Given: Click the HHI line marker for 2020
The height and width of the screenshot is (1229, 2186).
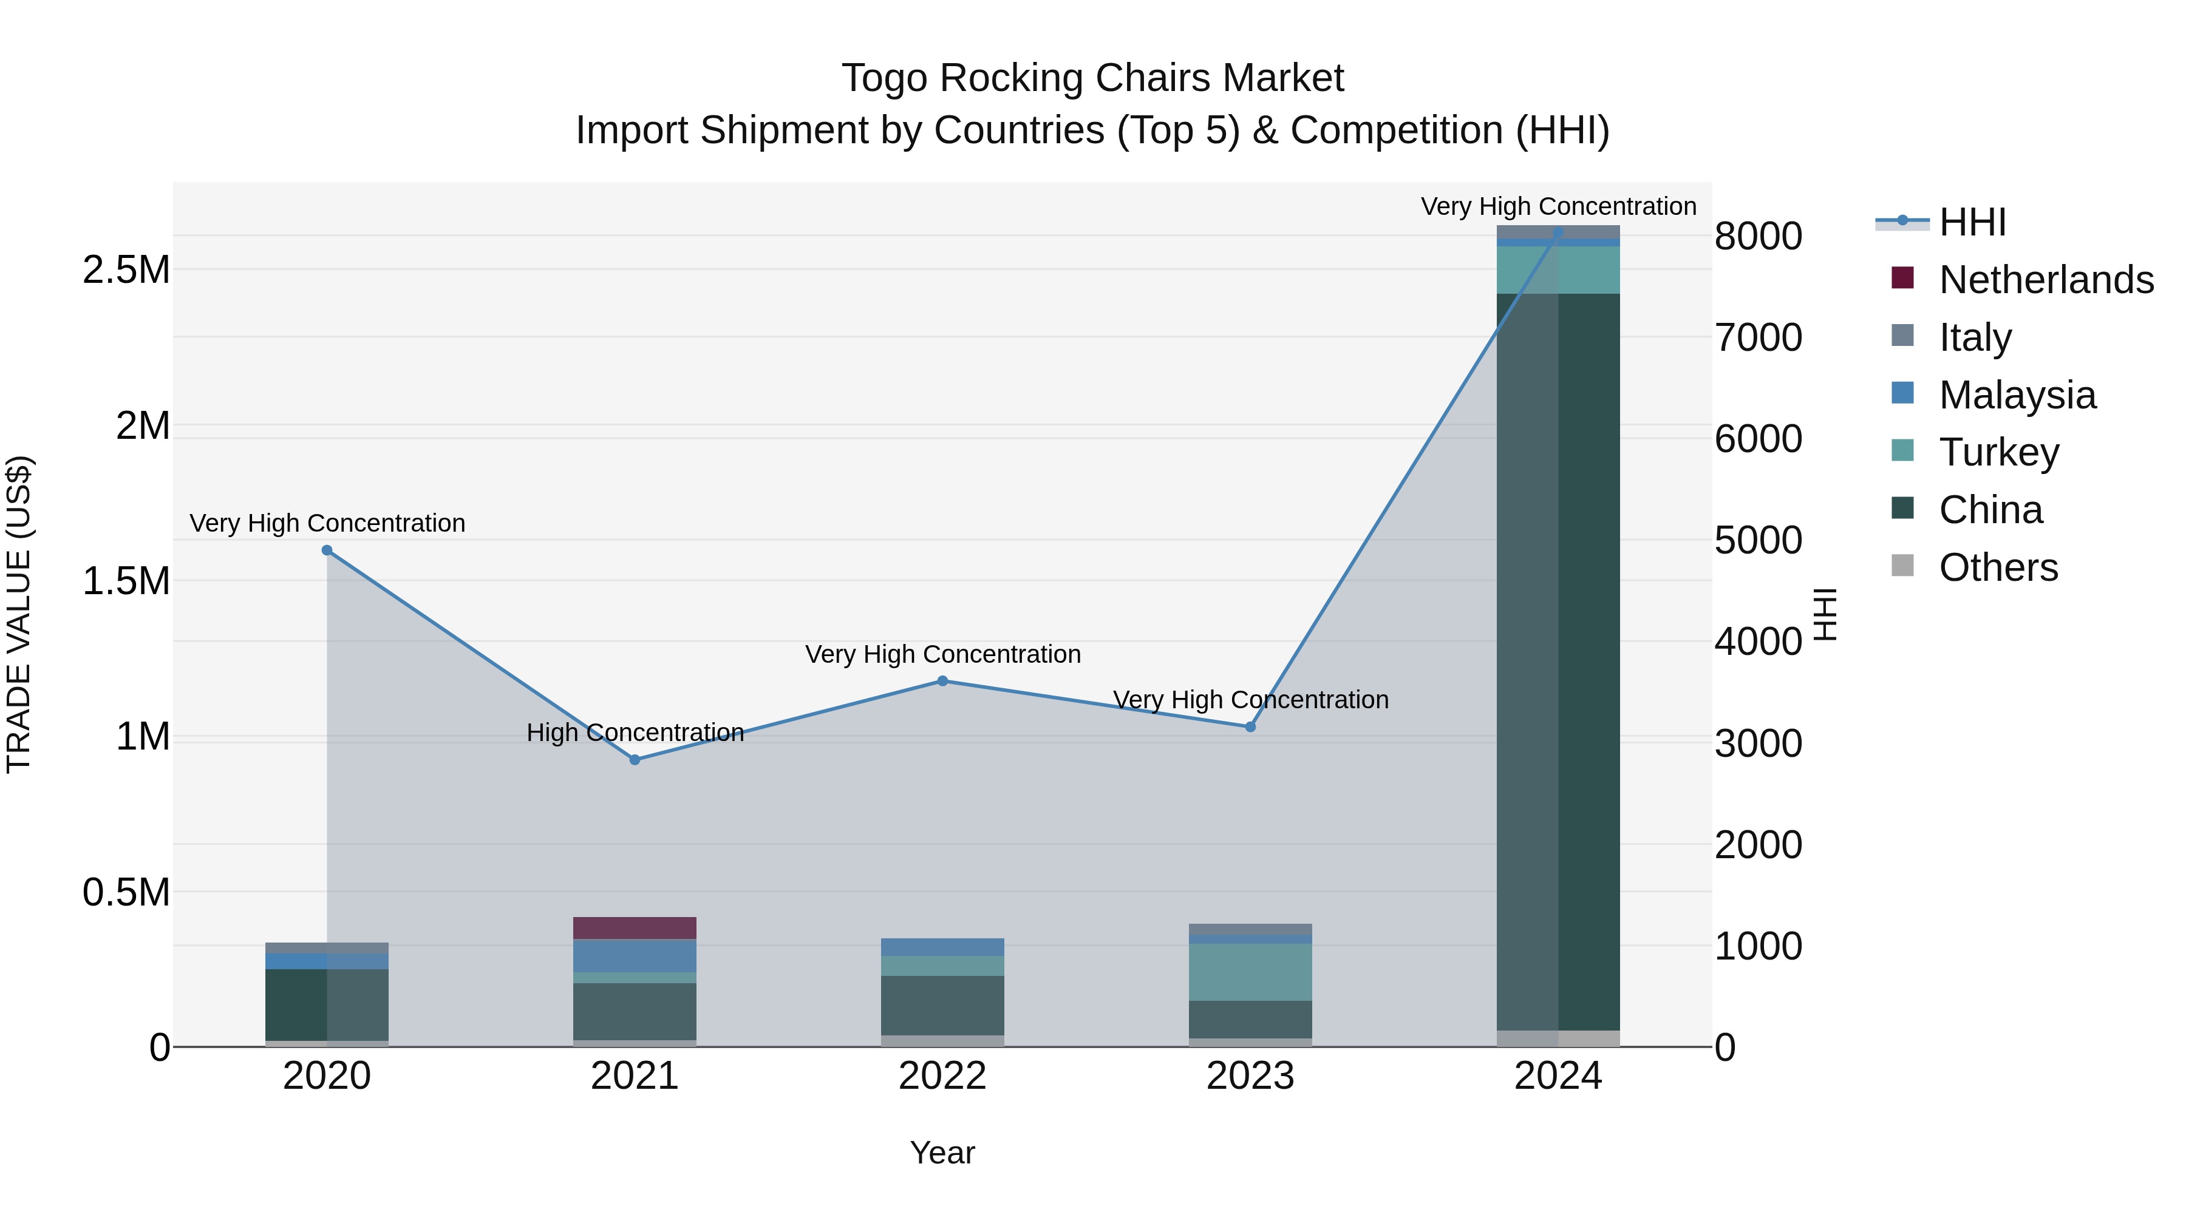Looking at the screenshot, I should (x=327, y=550).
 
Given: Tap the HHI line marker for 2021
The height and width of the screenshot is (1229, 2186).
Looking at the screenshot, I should (x=635, y=760).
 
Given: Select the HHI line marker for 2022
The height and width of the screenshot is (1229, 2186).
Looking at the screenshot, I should (x=942, y=681).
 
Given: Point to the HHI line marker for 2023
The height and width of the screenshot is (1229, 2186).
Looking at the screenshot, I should (x=1250, y=727).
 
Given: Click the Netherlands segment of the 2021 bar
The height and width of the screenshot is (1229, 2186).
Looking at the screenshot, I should (x=635, y=928).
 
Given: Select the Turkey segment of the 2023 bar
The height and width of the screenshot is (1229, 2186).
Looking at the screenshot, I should (x=1250, y=972).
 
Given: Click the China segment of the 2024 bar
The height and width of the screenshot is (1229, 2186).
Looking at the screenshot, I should (x=1558, y=662).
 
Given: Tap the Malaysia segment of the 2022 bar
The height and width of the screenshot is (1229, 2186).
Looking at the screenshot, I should (x=942, y=947).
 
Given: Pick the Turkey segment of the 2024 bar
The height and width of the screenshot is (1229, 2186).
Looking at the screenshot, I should (x=1558, y=269).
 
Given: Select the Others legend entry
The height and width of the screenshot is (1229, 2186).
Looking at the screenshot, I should (x=1998, y=567).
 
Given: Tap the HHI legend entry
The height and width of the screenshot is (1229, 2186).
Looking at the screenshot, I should (x=1972, y=222).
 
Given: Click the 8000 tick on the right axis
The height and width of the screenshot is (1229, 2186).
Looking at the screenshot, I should (x=1759, y=237).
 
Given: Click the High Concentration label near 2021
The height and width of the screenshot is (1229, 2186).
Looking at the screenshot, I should (x=635, y=733).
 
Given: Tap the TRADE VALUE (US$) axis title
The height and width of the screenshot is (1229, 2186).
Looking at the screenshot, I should (x=19, y=614).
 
